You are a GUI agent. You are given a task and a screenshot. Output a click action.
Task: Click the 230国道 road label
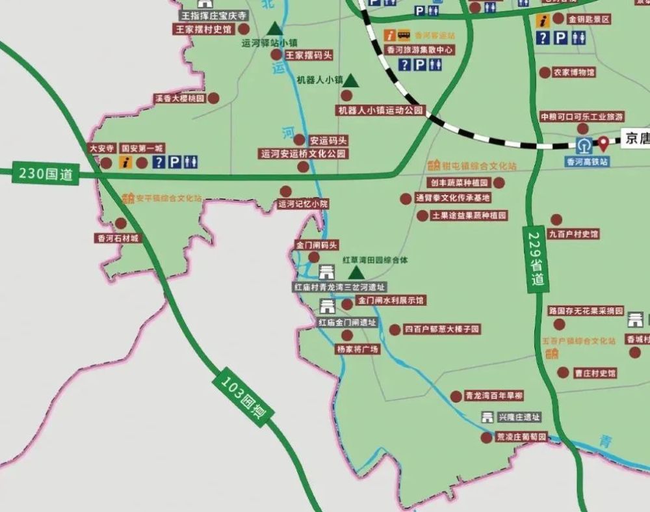(x=45, y=174)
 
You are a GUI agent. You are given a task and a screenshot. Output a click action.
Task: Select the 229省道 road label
(x=536, y=260)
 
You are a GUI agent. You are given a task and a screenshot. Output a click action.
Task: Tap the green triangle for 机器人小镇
(x=351, y=80)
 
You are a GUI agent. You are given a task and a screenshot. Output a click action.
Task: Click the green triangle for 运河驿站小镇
(x=275, y=28)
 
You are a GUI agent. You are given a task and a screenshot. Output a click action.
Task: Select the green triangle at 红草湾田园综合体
(x=356, y=272)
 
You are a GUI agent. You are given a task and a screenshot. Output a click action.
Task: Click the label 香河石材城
(x=118, y=238)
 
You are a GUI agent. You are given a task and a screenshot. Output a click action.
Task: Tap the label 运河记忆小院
(x=302, y=204)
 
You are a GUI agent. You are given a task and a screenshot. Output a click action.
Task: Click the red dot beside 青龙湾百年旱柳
(x=456, y=396)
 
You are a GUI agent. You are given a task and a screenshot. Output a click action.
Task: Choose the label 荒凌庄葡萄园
(x=521, y=437)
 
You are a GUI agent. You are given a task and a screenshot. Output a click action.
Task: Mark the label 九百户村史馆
(x=573, y=234)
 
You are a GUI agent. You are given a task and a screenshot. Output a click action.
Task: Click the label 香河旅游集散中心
(x=420, y=49)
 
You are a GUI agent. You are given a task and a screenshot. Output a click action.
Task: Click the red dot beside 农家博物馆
(x=545, y=72)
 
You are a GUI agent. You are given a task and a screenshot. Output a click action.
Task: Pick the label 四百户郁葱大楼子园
(x=442, y=329)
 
